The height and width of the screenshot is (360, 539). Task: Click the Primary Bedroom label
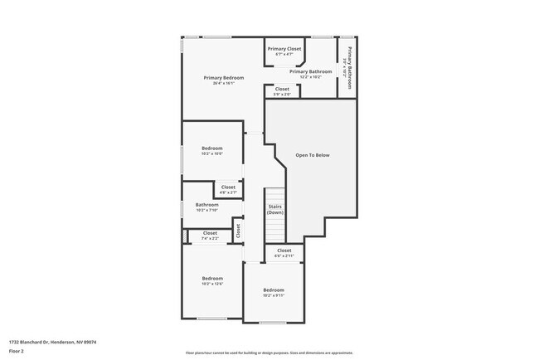[x=224, y=78]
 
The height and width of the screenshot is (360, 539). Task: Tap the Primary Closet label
[x=284, y=49]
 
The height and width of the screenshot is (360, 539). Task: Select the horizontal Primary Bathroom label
[x=311, y=72]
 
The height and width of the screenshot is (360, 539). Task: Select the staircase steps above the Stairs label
[x=275, y=196]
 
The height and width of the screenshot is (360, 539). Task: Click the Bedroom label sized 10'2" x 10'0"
[x=212, y=148]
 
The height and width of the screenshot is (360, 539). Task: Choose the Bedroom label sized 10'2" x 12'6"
[x=212, y=279]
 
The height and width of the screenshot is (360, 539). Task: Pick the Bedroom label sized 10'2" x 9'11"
[x=273, y=290]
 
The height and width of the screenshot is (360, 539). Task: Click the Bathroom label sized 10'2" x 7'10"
[x=207, y=205]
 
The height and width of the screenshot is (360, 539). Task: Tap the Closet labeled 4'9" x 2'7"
[x=228, y=187]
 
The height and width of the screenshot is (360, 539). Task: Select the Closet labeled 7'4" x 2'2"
[x=210, y=233]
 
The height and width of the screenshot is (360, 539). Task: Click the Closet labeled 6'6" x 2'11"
[x=284, y=251]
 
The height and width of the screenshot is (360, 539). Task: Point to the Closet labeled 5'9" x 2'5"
[x=282, y=89]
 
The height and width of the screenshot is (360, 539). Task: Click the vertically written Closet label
[x=238, y=230]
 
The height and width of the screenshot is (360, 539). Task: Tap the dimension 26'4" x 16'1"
[x=224, y=83]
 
